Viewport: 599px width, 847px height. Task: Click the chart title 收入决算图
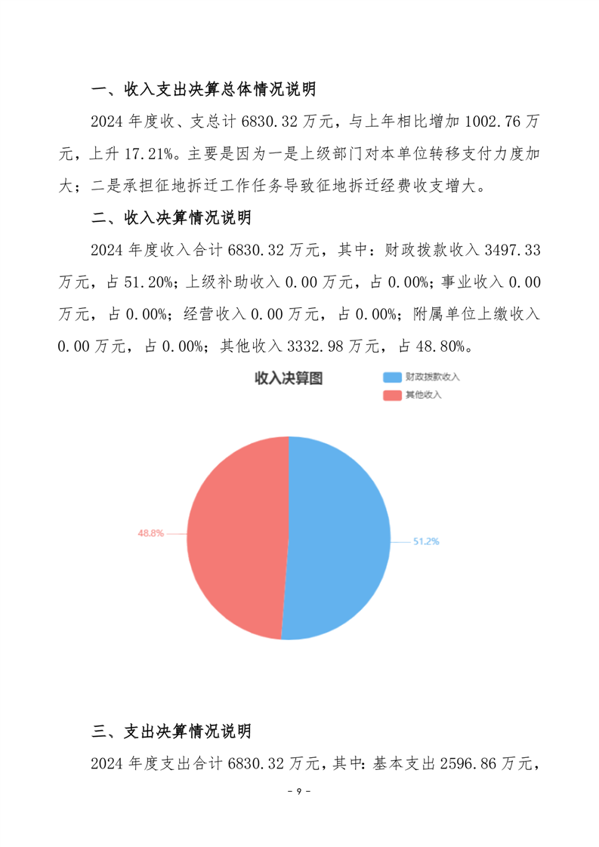click(x=289, y=378)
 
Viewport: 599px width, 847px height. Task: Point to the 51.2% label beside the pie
click(x=425, y=541)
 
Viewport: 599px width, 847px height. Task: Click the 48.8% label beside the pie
click(x=150, y=533)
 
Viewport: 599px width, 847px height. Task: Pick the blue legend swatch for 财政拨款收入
click(x=392, y=377)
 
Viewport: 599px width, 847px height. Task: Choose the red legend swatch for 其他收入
click(x=392, y=395)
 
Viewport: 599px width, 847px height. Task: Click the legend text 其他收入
click(x=423, y=395)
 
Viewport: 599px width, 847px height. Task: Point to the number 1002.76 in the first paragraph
click(x=484, y=122)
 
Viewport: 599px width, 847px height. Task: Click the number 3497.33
click(x=508, y=251)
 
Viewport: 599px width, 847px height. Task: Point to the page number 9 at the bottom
click(x=299, y=792)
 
